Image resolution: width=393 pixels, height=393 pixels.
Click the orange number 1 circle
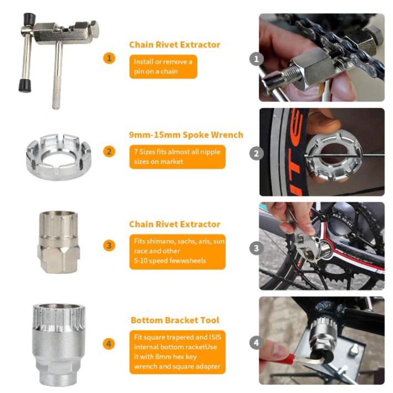(109, 58)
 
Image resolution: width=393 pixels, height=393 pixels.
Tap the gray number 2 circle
(256, 154)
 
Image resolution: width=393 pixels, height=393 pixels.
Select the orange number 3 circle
(109, 246)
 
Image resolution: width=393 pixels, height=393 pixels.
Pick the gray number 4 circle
(256, 343)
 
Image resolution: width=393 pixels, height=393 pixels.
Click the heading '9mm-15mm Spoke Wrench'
(186, 135)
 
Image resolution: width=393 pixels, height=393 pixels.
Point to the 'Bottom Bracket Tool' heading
(175, 320)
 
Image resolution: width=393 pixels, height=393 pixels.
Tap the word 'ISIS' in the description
(215, 337)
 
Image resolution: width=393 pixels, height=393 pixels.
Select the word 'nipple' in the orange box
(210, 152)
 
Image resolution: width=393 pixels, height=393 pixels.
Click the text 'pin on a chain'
(156, 72)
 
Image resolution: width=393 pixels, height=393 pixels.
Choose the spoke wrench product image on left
(59, 157)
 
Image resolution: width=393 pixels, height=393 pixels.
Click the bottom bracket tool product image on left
(59, 344)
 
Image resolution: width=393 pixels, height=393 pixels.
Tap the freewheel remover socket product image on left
(58, 242)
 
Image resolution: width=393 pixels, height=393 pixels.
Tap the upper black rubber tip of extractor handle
(29, 19)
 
